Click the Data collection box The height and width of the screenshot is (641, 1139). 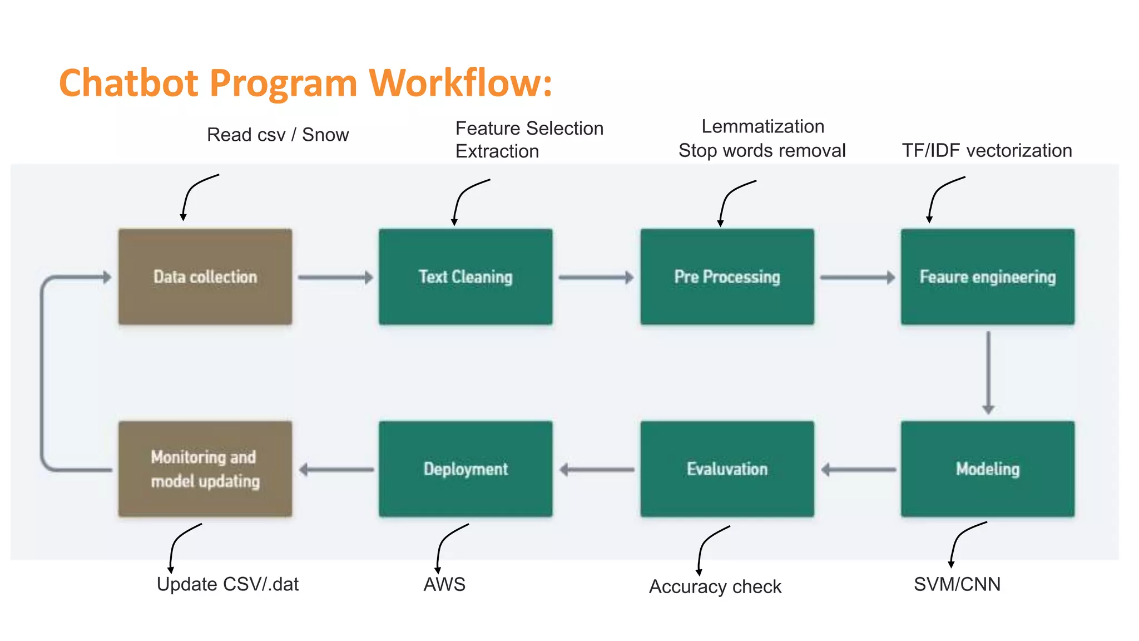pyautogui.click(x=205, y=277)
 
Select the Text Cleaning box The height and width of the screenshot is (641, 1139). pyautogui.click(x=465, y=277)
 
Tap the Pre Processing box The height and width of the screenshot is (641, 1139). pyautogui.click(x=727, y=277)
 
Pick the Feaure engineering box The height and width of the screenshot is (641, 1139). pyautogui.click(x=987, y=277)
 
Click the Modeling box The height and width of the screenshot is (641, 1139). pyautogui.click(x=987, y=469)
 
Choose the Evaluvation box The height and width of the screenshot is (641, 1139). pyautogui.click(x=727, y=469)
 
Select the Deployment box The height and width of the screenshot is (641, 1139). pyautogui.click(x=465, y=469)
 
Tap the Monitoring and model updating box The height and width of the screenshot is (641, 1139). pyautogui.click(x=205, y=469)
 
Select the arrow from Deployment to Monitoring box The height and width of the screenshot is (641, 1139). pyautogui.click(x=336, y=470)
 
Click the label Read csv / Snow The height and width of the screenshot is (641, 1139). pyautogui.click(x=278, y=135)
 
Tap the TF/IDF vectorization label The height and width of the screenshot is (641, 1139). pyautogui.click(x=987, y=150)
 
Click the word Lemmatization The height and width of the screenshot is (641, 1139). pyautogui.click(x=762, y=126)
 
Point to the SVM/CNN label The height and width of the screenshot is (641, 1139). pyautogui.click(x=957, y=584)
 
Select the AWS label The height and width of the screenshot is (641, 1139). pyautogui.click(x=444, y=584)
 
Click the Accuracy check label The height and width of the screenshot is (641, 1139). pyautogui.click(x=715, y=586)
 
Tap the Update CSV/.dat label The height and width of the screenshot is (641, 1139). pyautogui.click(x=227, y=584)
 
